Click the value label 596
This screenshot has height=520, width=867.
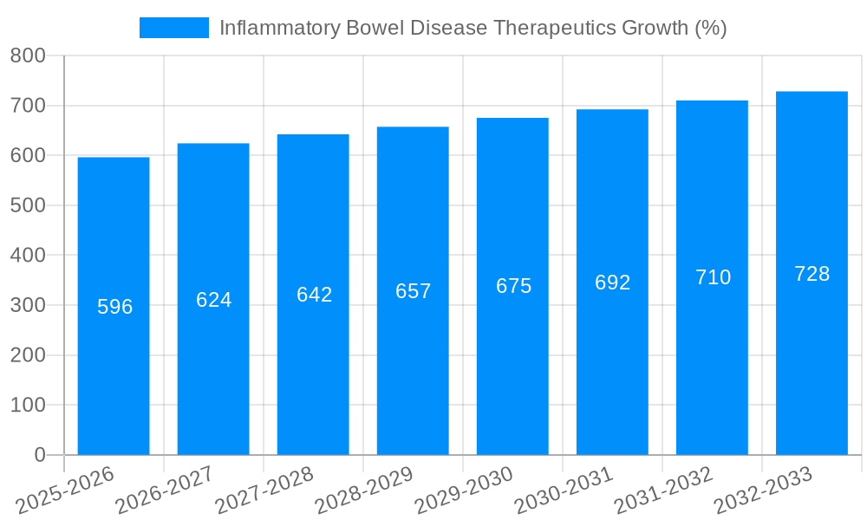[114, 307]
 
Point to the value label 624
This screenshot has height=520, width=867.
[214, 300]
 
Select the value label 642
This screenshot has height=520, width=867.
[314, 295]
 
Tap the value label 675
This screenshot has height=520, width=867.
[513, 286]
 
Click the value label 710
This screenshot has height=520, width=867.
[713, 277]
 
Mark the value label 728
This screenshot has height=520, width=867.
[812, 274]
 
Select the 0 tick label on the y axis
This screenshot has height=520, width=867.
[39, 455]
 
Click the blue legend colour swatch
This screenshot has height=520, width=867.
[173, 28]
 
